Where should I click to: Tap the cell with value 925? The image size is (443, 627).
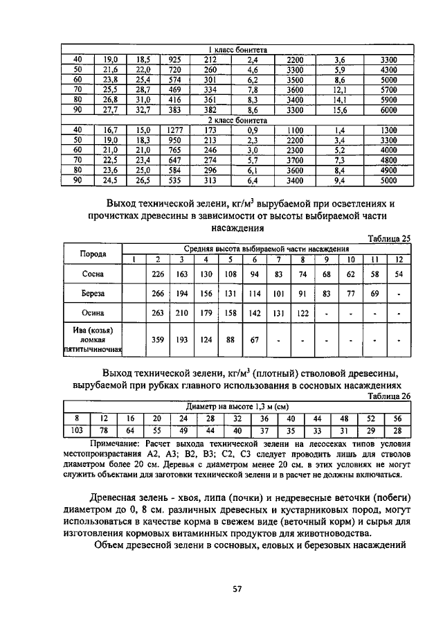point(174,60)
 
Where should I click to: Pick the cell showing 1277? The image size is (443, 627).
point(174,130)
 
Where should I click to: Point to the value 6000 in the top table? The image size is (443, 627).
point(388,110)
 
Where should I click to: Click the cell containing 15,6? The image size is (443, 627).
point(339,110)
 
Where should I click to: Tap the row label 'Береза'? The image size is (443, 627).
point(93,294)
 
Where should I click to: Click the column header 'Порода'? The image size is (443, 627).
point(93,254)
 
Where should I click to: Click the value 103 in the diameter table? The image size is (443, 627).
point(77,430)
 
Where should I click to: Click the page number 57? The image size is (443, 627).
point(236,589)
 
